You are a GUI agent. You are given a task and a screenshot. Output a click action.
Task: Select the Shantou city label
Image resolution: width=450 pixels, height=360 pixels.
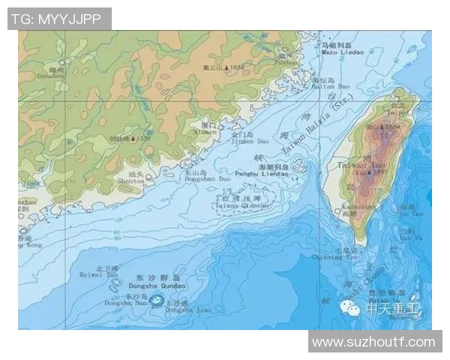tap(130, 180)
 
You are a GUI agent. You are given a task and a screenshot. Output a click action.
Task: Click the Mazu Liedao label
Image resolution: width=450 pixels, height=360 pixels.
tap(342, 52)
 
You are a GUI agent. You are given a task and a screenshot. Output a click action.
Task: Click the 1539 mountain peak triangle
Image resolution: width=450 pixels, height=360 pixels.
tap(133, 139)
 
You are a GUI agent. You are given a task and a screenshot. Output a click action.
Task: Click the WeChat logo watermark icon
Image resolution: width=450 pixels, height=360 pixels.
tap(349, 307)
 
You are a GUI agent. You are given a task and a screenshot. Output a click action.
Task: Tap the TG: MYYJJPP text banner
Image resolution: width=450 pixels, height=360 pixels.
tap(59, 18)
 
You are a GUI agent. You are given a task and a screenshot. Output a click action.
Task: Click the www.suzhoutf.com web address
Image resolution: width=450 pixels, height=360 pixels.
tap(373, 342)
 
